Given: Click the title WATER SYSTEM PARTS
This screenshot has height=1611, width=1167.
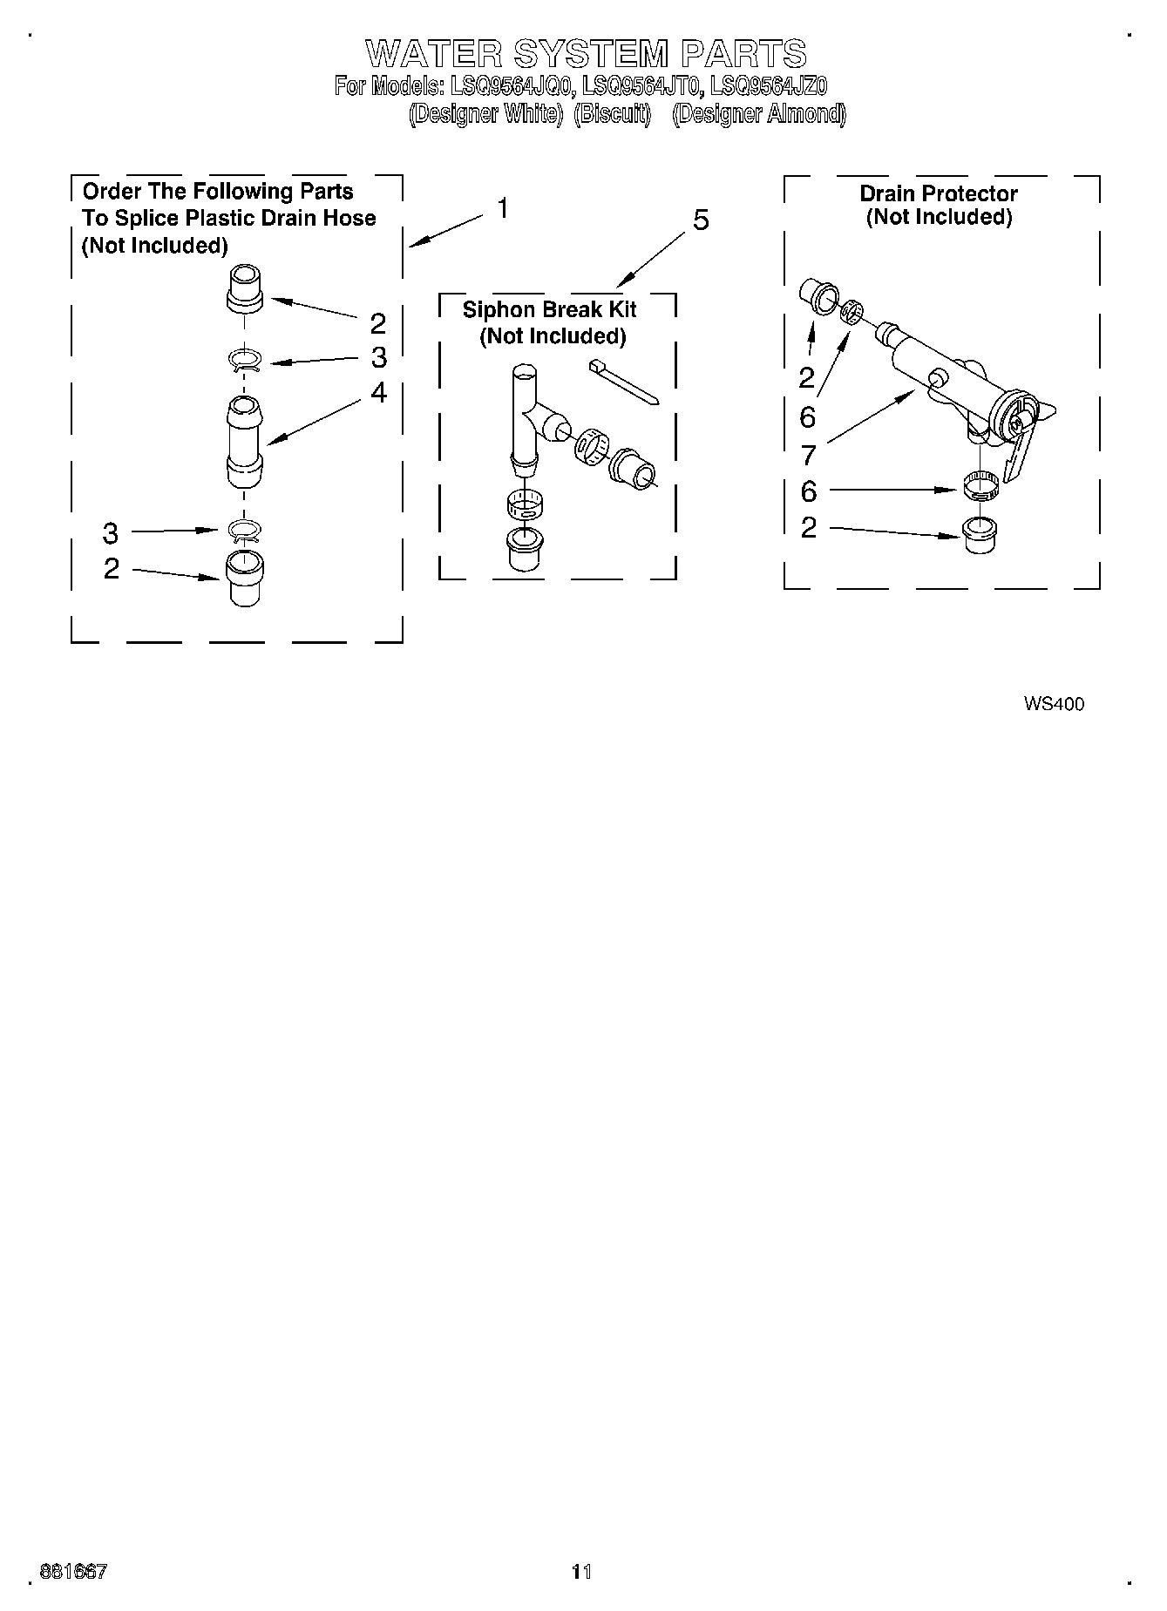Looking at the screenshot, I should (586, 54).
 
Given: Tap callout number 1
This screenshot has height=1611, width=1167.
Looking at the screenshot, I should (503, 209).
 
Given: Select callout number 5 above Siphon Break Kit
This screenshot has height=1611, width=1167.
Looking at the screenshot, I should (701, 221).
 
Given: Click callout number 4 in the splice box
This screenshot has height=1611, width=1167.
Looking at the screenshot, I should (378, 393).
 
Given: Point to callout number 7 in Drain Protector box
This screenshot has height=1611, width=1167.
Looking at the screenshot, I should (808, 455).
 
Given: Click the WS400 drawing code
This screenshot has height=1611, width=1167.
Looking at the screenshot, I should (1054, 704).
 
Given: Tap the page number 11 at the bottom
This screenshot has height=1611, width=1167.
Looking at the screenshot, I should (581, 1572).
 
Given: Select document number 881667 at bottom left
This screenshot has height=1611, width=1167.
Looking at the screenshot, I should (74, 1572).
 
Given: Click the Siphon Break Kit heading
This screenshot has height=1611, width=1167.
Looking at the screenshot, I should (549, 310).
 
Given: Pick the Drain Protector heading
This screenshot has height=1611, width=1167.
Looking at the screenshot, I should (939, 193).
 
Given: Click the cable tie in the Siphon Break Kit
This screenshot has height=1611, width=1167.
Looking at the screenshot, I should (624, 380).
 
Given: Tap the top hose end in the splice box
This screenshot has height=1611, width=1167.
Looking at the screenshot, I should (245, 288).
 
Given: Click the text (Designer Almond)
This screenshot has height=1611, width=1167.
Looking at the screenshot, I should (759, 114).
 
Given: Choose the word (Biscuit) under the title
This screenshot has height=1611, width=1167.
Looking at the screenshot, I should (613, 114).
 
